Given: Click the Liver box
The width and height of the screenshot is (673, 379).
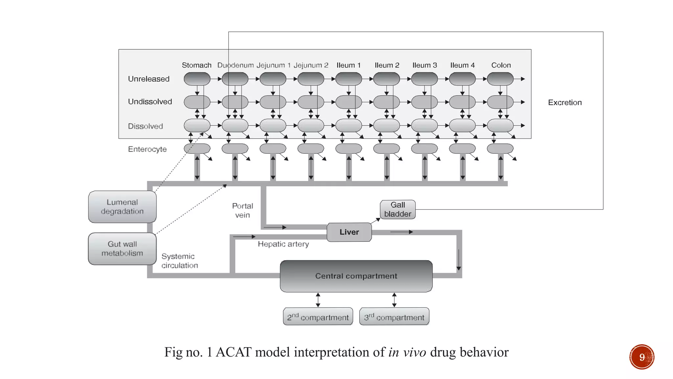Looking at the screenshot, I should click(349, 232).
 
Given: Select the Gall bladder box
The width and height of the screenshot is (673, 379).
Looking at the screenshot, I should click(398, 210).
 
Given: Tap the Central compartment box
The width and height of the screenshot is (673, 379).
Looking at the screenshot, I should click(356, 276).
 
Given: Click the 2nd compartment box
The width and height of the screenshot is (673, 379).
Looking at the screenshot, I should click(318, 316).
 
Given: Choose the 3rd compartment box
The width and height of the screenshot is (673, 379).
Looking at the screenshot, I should click(394, 316).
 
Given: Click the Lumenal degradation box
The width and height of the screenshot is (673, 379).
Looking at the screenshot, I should click(122, 207).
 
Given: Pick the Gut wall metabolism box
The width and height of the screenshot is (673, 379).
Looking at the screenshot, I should click(122, 249).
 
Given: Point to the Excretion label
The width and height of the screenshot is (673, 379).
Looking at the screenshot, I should click(565, 103).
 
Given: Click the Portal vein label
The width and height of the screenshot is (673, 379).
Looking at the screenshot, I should click(243, 211).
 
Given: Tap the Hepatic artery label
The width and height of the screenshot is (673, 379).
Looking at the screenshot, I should click(283, 244).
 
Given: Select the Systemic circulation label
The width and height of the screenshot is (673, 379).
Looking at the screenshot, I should click(179, 261).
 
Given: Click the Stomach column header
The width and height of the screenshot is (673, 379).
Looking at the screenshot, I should click(197, 65).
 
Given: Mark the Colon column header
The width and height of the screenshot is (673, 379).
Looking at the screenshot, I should click(501, 65).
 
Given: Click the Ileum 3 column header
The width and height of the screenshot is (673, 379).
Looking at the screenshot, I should click(425, 65).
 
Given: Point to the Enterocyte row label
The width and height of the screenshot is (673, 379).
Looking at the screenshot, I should click(147, 149).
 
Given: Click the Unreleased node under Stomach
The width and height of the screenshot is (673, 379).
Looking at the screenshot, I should click(197, 79).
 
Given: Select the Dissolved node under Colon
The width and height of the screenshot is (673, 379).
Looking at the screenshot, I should click(500, 125).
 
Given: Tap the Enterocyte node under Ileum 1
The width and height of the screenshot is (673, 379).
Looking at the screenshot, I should click(348, 148).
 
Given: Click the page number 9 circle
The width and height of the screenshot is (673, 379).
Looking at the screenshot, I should click(641, 357).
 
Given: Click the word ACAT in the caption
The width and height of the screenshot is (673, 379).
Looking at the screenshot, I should click(234, 352).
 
